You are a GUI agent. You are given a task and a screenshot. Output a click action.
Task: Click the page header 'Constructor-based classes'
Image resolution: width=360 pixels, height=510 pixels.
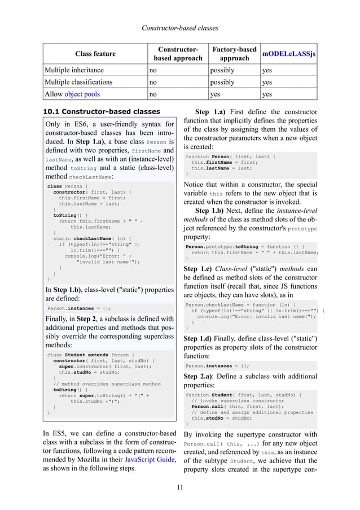(x=180, y=27)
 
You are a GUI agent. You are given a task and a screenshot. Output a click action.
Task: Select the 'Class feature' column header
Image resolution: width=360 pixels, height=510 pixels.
(x=95, y=54)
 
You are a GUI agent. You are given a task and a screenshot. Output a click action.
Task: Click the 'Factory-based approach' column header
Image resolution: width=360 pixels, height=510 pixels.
(x=234, y=54)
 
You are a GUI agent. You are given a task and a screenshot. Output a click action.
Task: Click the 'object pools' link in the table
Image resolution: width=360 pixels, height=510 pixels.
(x=82, y=94)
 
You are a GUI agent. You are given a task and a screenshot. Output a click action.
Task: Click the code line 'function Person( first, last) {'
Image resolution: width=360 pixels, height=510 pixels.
(x=231, y=156)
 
